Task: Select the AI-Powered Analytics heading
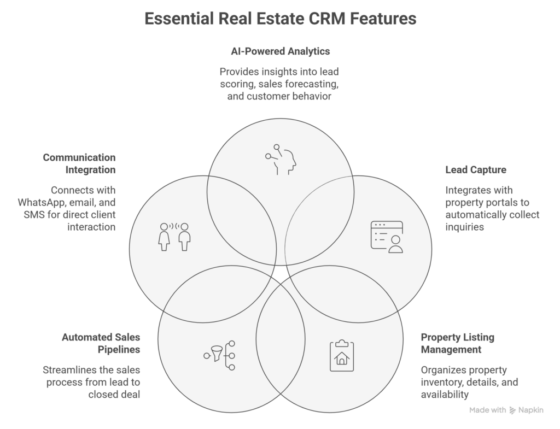tap(280, 51)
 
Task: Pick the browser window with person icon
tap(387, 237)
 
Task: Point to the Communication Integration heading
tap(80, 164)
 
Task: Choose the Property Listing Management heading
tap(457, 343)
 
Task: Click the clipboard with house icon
tap(342, 355)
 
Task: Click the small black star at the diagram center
tap(281, 272)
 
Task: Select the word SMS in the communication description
tap(31, 215)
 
